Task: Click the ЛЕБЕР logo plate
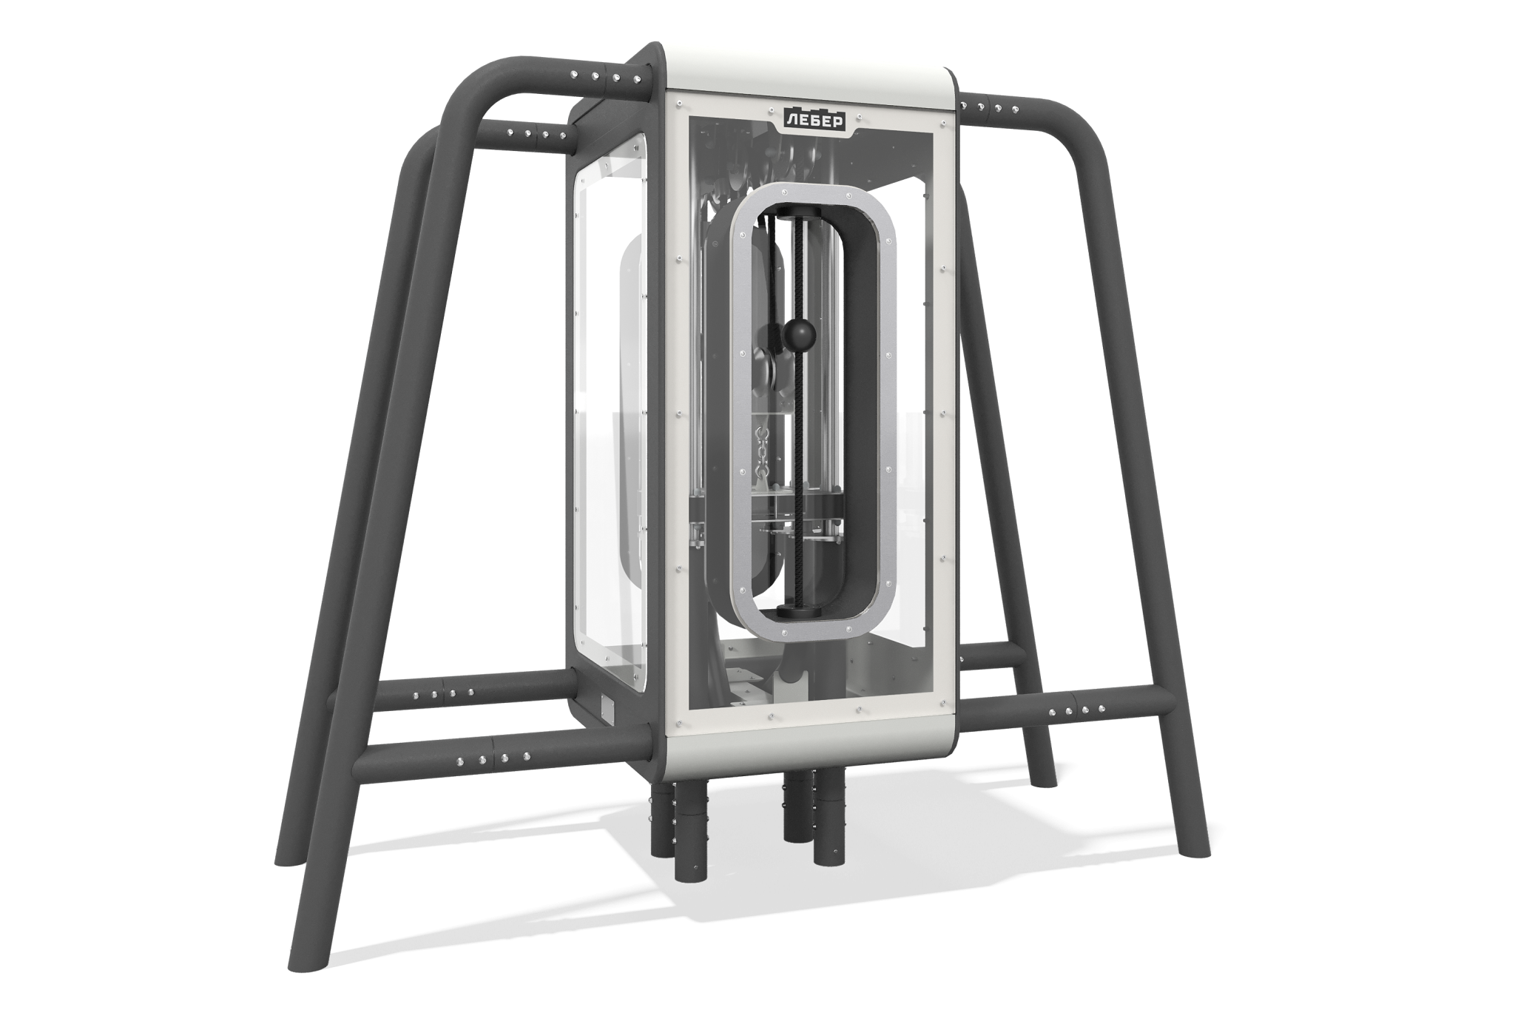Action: click(x=815, y=120)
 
